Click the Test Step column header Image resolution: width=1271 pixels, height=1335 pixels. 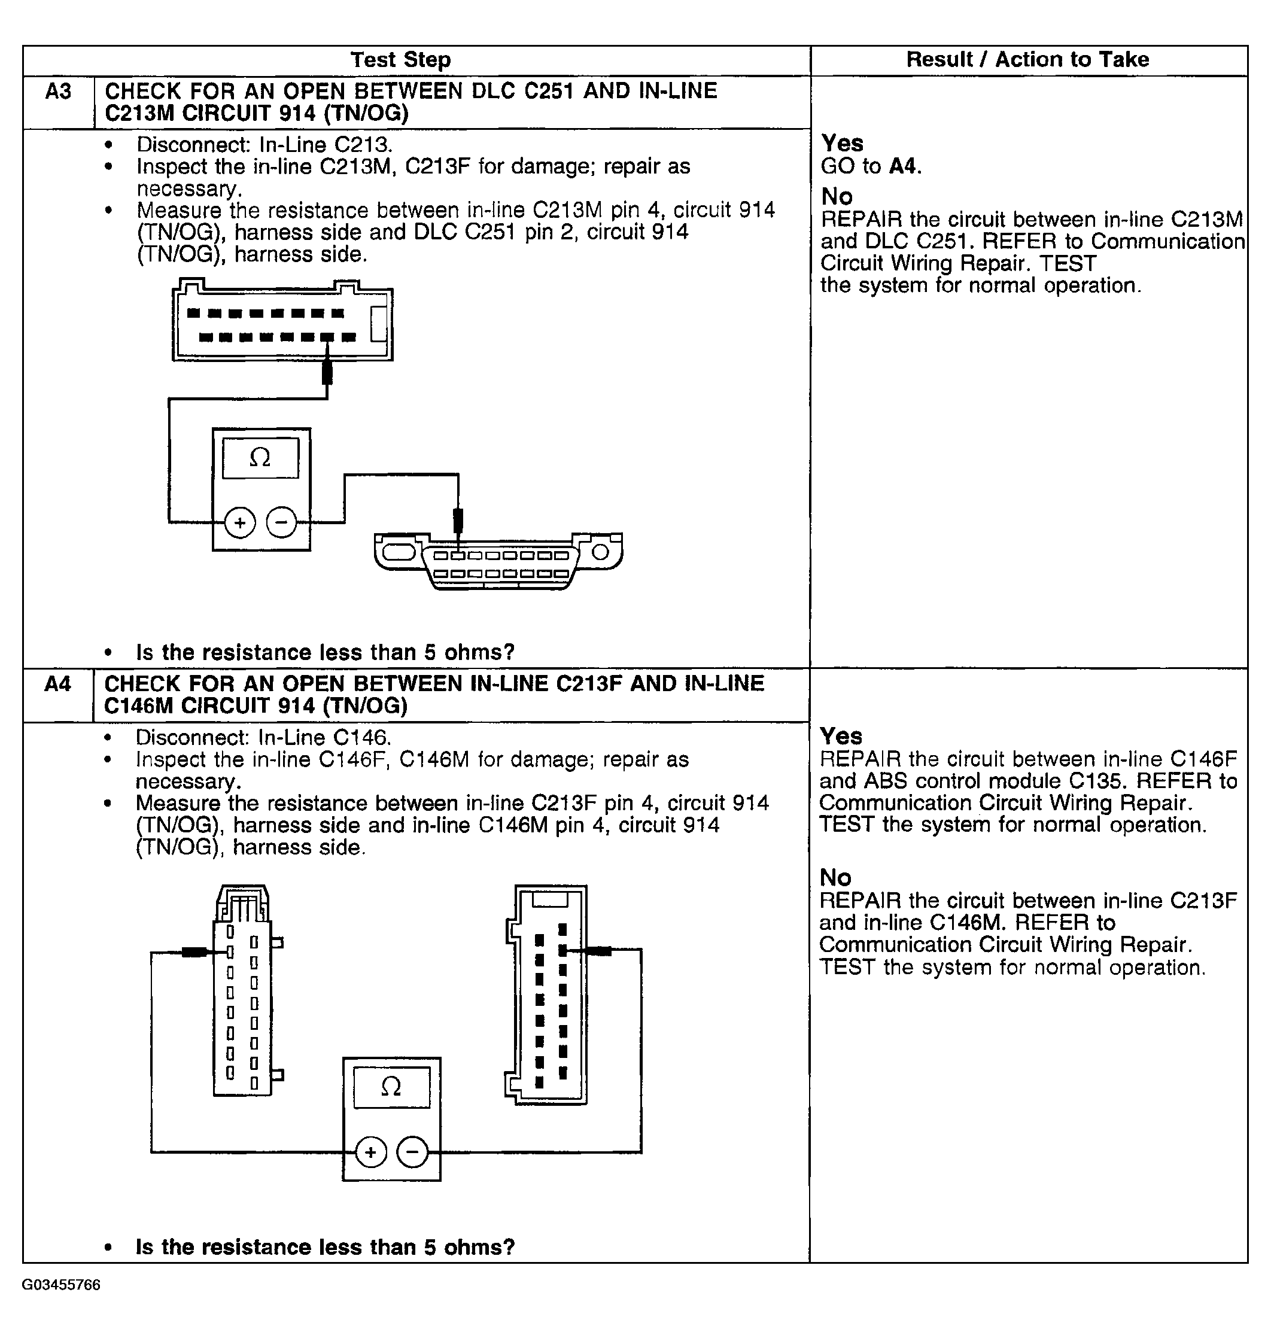tap(400, 60)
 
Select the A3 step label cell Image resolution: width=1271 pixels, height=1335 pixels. tap(58, 92)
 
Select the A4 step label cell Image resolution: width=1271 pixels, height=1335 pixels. tap(57, 684)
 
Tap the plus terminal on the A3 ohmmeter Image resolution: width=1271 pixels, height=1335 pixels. tap(240, 523)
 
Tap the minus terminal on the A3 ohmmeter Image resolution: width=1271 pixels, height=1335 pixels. tap(282, 523)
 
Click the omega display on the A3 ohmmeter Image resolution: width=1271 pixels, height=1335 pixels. tap(260, 458)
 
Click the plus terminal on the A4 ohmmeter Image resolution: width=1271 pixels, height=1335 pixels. tap(370, 1152)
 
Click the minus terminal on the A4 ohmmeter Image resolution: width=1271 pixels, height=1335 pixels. tap(413, 1152)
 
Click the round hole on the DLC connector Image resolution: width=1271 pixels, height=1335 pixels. tap(600, 553)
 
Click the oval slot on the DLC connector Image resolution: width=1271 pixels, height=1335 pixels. tap(399, 552)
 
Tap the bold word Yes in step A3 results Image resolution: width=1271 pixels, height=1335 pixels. tap(842, 144)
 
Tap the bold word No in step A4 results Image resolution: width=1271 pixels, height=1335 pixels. tap(835, 878)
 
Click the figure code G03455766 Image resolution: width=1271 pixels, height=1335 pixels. tap(61, 1285)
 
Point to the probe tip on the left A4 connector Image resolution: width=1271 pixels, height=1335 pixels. tap(195, 952)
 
